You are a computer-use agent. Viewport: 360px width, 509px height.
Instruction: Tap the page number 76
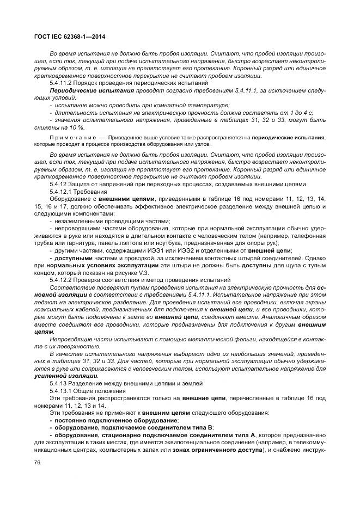point(38,462)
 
